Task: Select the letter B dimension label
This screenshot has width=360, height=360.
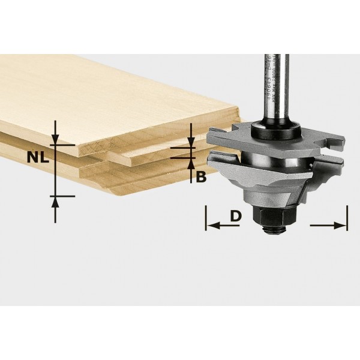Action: click(x=201, y=176)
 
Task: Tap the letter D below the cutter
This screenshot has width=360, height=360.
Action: click(x=236, y=215)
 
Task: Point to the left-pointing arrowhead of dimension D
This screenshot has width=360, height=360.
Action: click(x=211, y=226)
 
